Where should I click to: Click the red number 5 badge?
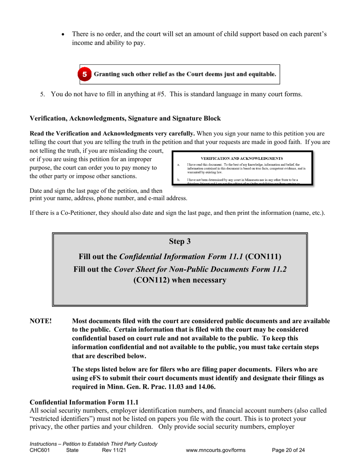point(85,74)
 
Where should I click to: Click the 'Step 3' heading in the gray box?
point(180,241)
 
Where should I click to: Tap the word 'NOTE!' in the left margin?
point(41,321)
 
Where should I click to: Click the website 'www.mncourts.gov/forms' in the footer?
point(216,450)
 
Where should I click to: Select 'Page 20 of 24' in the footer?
point(288,450)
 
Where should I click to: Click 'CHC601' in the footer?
point(39,450)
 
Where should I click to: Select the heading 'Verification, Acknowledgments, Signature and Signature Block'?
point(125,118)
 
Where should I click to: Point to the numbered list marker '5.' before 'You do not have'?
point(43,95)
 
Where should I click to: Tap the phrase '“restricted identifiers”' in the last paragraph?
point(59,419)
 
